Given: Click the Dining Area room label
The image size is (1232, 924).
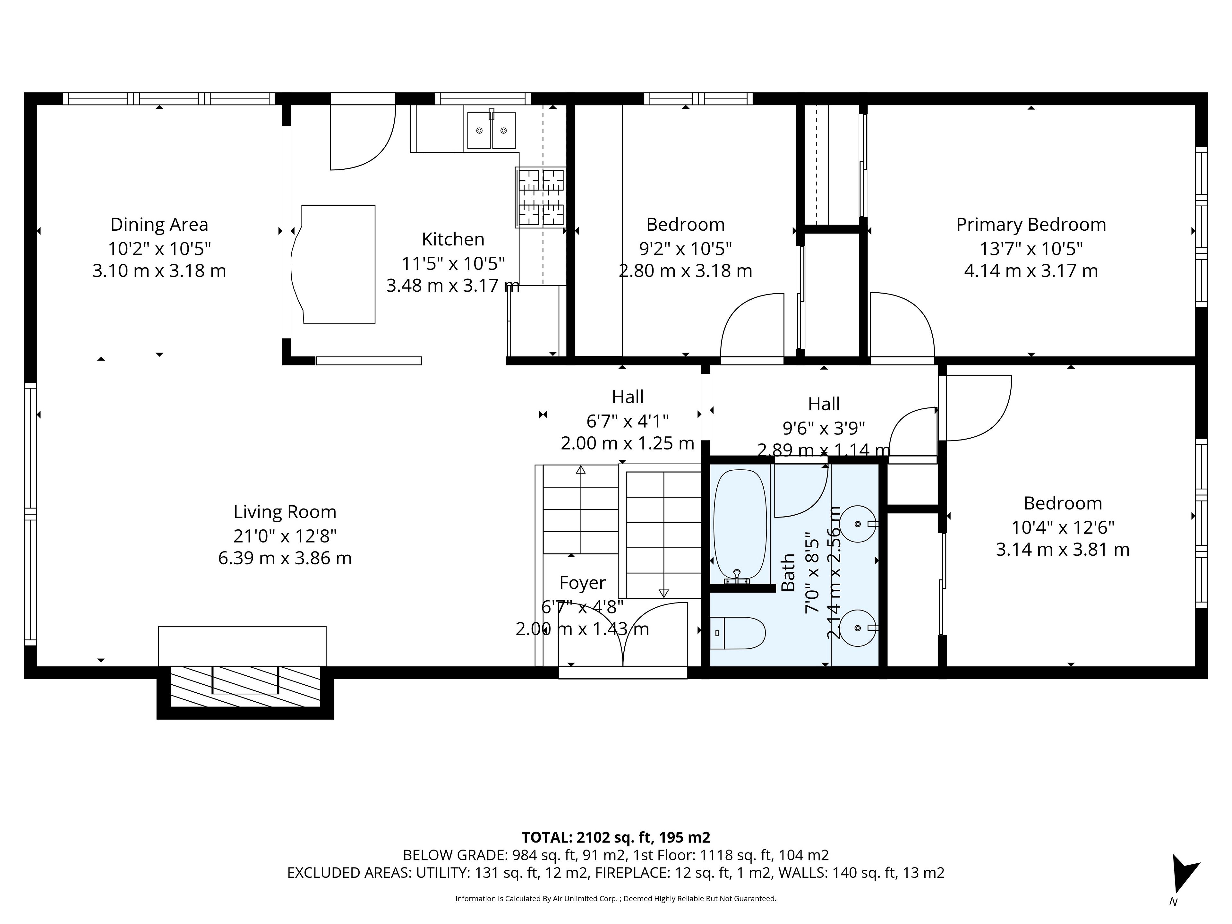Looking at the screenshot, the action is click(x=159, y=225).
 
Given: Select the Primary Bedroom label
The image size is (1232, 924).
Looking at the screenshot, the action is click(x=1031, y=225).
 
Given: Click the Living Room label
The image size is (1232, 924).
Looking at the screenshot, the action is click(x=285, y=512).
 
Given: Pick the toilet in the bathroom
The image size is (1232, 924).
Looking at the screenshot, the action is click(x=737, y=633).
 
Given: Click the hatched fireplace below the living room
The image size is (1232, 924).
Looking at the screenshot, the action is click(x=245, y=687).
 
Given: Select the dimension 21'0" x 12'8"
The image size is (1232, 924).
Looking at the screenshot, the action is click(x=285, y=536).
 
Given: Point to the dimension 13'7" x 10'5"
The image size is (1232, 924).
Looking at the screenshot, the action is click(x=1031, y=248).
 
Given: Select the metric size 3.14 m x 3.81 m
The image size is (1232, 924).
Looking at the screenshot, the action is click(x=1063, y=550).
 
